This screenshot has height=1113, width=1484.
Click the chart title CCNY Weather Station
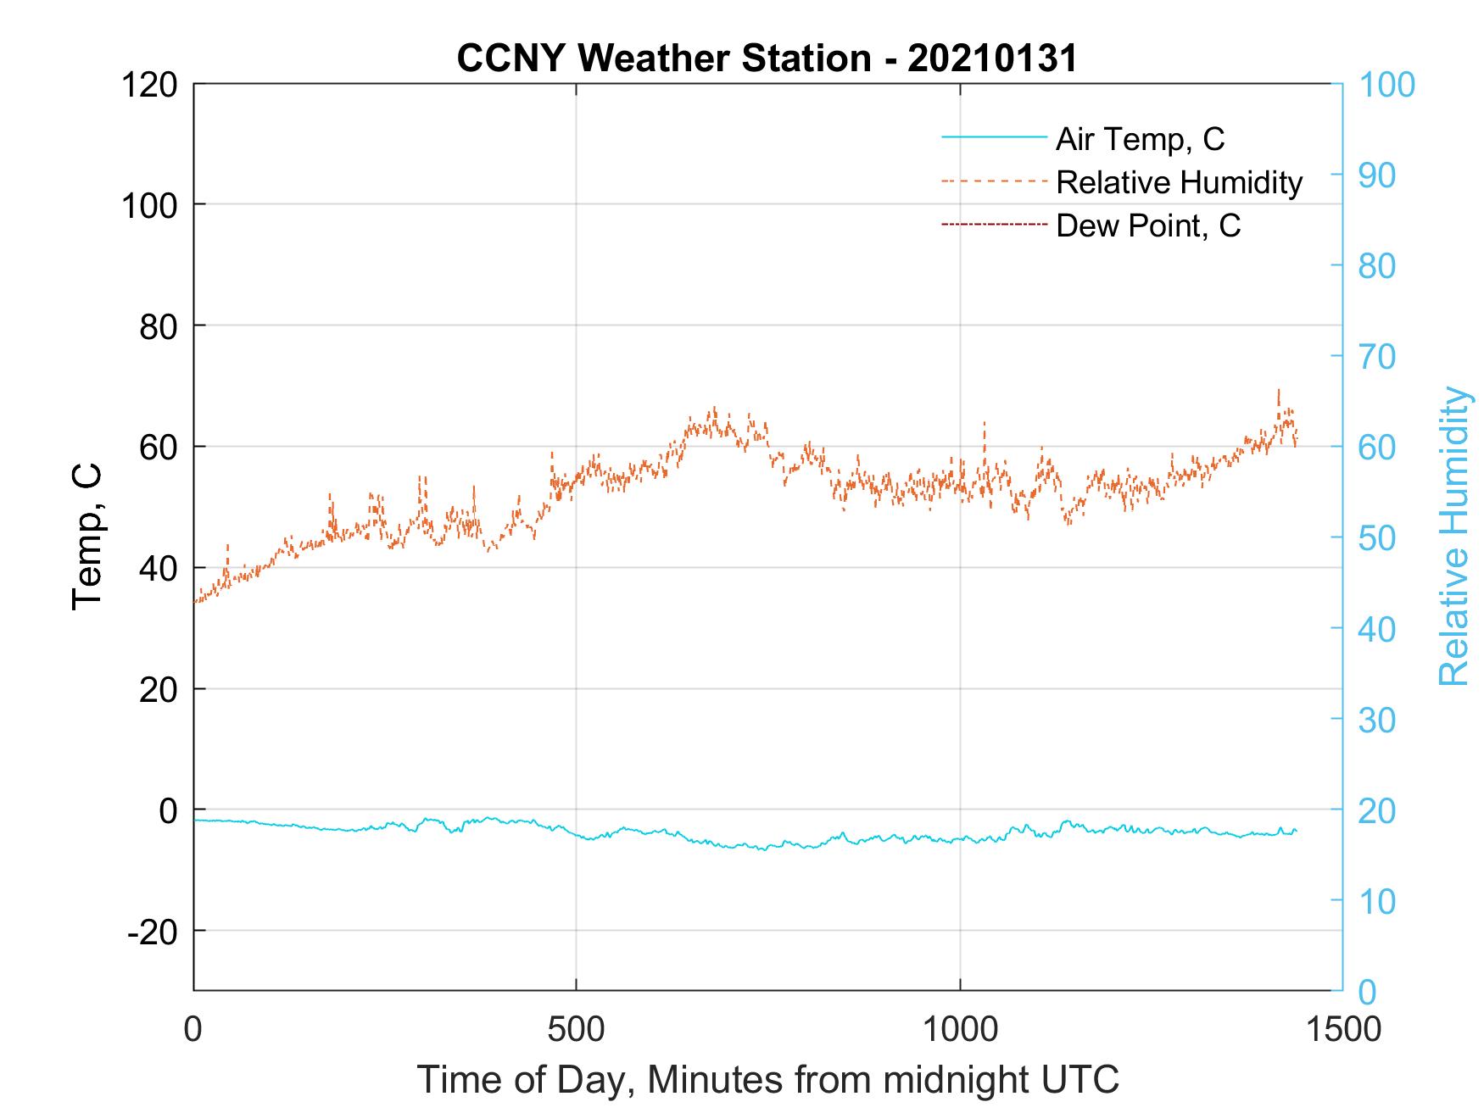[x=767, y=58]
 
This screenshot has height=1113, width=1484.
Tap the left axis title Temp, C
[x=87, y=536]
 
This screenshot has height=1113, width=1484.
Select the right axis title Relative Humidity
[x=1453, y=536]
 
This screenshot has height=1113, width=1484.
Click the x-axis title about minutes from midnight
[x=767, y=1080]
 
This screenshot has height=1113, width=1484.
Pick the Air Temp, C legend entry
[x=1140, y=138]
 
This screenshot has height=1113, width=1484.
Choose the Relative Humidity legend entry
[x=1179, y=182]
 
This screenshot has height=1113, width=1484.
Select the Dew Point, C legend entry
[x=1148, y=225]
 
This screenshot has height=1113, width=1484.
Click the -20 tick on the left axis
[x=153, y=932]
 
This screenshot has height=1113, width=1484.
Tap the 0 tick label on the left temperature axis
[x=168, y=810]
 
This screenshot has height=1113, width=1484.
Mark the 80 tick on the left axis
[x=158, y=326]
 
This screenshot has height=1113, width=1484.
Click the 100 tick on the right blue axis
[x=1386, y=85]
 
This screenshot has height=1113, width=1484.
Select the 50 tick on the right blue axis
[x=1376, y=538]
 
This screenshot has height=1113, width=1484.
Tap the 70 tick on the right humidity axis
[x=1376, y=357]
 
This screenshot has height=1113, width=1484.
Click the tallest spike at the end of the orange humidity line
[x=1278, y=392]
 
